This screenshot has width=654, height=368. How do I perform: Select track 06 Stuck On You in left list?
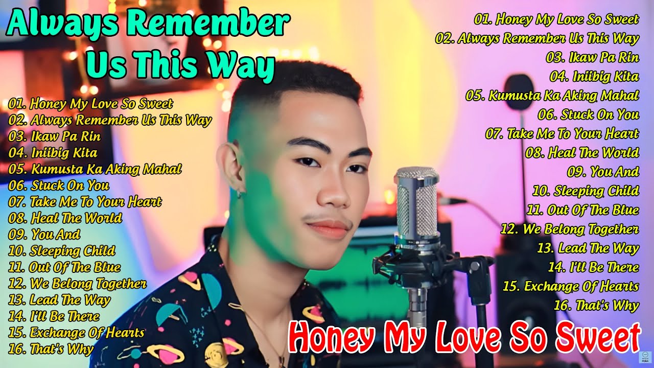(59, 185)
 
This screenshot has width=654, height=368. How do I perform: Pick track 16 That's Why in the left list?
(51, 350)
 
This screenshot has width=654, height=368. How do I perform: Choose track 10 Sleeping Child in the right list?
(586, 191)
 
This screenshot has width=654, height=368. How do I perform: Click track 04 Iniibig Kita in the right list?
(594, 77)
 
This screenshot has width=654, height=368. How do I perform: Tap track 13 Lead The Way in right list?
(588, 248)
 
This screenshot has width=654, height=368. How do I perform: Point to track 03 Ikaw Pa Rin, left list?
(55, 136)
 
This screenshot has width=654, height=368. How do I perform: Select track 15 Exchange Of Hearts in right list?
(571, 286)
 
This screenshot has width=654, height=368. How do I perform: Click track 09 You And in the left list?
(45, 235)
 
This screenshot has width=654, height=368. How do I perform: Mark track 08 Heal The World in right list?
(582, 153)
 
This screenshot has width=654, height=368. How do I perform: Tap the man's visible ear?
(233, 169)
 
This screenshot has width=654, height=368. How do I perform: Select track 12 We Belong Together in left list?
(78, 284)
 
